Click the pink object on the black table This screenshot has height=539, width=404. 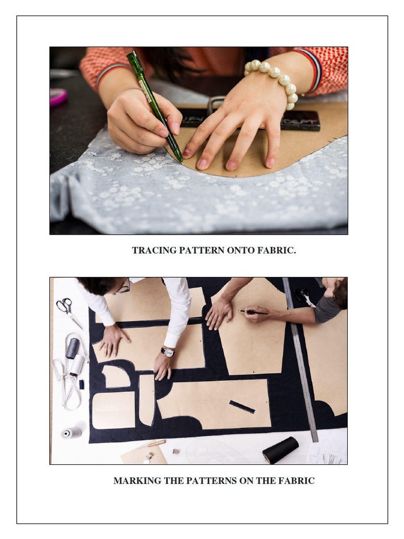pyautogui.click(x=58, y=97)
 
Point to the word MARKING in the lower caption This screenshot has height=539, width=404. pyautogui.click(x=135, y=481)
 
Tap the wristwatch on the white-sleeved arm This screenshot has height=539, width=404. pyautogui.click(x=168, y=352)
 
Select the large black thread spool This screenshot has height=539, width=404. pyautogui.click(x=280, y=450)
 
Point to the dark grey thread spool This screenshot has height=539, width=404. pyautogui.click(x=72, y=348)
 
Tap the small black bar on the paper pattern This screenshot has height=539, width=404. pyautogui.click(x=241, y=406)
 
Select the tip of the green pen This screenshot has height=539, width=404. pyautogui.click(x=180, y=160)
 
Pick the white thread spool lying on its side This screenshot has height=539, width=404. pyautogui.click(x=73, y=432)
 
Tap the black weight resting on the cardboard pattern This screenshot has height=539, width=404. pyautogui.click(x=300, y=120)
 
